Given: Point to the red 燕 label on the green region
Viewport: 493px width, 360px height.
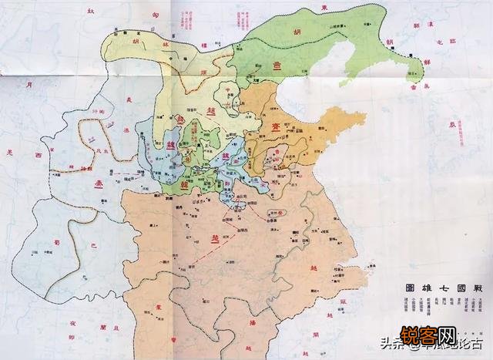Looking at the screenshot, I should point(277,66).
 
